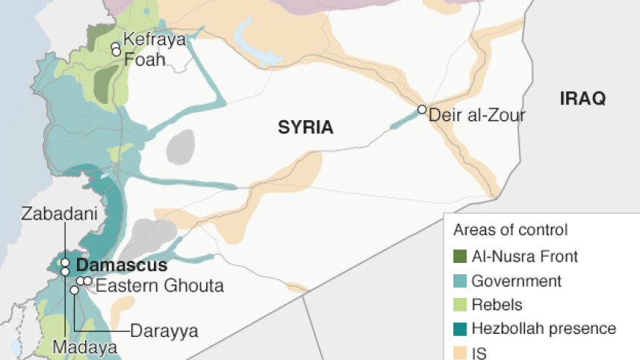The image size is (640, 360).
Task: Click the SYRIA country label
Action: (305, 128)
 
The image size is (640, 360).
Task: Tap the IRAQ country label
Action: (582, 99)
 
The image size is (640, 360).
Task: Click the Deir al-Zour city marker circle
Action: (422, 110)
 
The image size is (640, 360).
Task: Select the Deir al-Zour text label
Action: (476, 116)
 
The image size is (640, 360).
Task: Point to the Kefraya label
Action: (154, 40)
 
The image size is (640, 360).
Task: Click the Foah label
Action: (144, 59)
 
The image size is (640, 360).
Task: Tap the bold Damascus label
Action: (122, 265)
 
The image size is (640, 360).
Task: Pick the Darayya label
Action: (164, 331)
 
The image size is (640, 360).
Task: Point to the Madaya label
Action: (85, 348)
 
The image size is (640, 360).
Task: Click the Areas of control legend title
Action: (512, 230)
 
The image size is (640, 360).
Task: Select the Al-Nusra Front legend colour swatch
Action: (459, 256)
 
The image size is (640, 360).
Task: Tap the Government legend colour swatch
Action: (459, 281)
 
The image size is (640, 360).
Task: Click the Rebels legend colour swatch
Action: (459, 305)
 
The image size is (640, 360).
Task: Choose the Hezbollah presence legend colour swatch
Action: (459, 329)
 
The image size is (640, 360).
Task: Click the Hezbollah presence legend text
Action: (544, 329)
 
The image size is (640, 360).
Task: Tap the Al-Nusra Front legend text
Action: (524, 256)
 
